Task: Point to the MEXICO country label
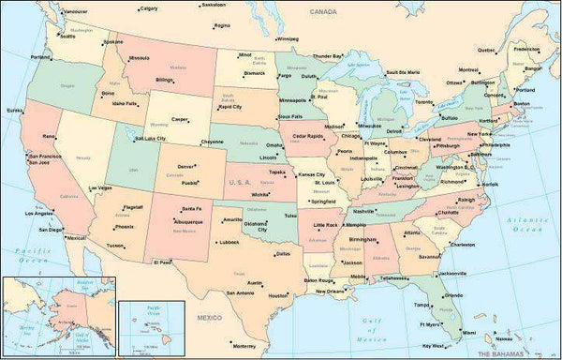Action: coord(209,319)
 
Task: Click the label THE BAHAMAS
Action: coord(517,353)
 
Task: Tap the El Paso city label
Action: coord(162,263)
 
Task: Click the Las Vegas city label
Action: coord(100,187)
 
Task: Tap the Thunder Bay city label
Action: coord(352,56)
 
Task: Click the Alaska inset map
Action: coord(57,318)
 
